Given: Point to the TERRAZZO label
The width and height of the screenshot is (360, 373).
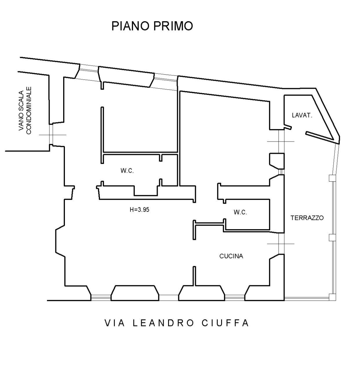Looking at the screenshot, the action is pyautogui.click(x=307, y=218).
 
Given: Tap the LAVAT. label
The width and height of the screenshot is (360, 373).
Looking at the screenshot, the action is pyautogui.click(x=302, y=115).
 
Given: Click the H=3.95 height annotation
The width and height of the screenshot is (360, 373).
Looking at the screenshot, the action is pyautogui.click(x=139, y=210).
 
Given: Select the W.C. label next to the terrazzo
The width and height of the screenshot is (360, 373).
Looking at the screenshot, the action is pyautogui.click(x=240, y=212).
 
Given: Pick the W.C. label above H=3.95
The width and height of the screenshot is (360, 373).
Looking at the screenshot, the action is pyautogui.click(x=127, y=171).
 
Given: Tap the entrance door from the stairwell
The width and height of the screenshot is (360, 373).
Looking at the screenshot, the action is pyautogui.click(x=51, y=135).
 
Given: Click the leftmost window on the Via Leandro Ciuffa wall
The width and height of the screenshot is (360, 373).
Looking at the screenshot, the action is pyautogui.click(x=101, y=297).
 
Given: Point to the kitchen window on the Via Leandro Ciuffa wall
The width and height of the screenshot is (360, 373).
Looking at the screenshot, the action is pyautogui.click(x=235, y=297).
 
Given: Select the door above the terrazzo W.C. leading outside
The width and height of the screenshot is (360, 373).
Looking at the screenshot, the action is pyautogui.click(x=281, y=142).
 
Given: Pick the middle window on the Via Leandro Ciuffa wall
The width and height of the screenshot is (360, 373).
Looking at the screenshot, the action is pyautogui.click(x=169, y=297).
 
